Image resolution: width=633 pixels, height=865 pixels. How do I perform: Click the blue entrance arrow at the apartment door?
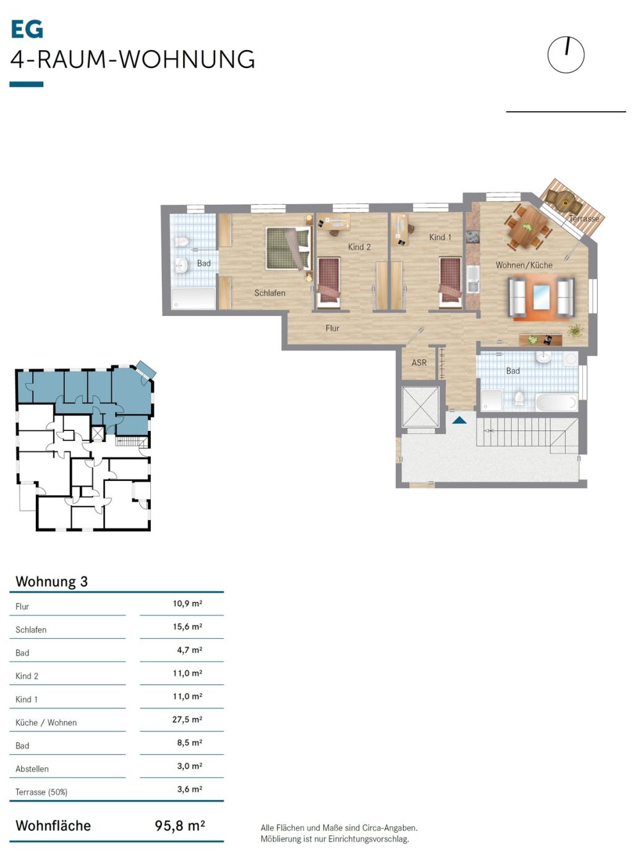(x=459, y=420)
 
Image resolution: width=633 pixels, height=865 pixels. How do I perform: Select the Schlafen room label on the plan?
(x=270, y=293)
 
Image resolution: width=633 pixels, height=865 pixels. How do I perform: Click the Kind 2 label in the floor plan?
(x=359, y=247)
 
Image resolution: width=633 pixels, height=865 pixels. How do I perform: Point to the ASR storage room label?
(x=419, y=362)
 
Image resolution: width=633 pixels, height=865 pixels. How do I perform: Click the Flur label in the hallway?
(x=333, y=328)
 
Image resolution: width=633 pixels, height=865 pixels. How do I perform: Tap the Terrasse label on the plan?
(x=584, y=218)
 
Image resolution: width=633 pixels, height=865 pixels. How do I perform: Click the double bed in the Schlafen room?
(x=289, y=248)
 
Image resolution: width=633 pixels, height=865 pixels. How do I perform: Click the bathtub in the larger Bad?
(x=557, y=402)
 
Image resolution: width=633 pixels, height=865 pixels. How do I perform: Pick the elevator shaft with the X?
(x=420, y=406)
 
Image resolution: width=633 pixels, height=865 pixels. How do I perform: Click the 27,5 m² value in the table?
(x=187, y=720)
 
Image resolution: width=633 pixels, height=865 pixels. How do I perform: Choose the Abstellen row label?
(x=32, y=769)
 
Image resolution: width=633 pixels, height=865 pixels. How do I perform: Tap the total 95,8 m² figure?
(x=180, y=825)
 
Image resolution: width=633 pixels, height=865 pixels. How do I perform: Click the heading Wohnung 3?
(x=52, y=582)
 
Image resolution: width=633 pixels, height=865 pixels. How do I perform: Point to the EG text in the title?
(x=27, y=29)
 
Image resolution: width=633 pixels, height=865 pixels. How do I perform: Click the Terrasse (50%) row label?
(x=41, y=792)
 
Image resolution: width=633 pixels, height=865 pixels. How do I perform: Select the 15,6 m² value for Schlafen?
(x=187, y=627)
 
